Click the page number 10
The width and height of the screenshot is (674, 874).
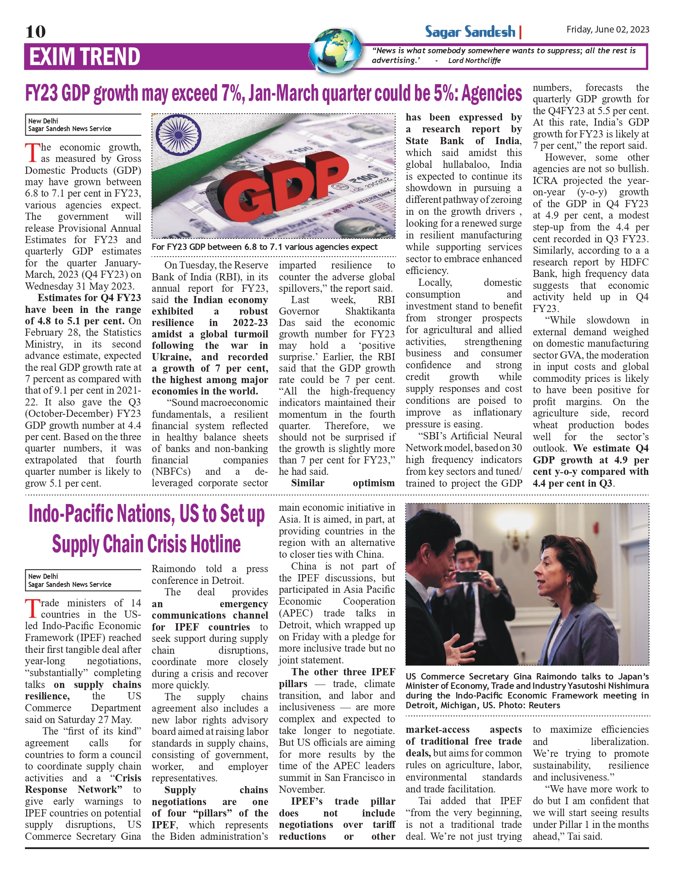(x=35, y=32)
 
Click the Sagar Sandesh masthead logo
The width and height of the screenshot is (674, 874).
(x=470, y=32)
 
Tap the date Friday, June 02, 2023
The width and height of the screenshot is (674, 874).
(x=607, y=29)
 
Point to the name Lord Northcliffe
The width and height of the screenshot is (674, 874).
(x=474, y=60)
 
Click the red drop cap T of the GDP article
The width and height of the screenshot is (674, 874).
(x=32, y=153)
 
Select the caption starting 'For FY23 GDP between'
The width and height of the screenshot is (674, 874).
(x=265, y=247)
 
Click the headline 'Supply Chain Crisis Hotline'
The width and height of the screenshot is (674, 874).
(x=146, y=544)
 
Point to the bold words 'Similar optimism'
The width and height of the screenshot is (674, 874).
(x=337, y=483)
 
